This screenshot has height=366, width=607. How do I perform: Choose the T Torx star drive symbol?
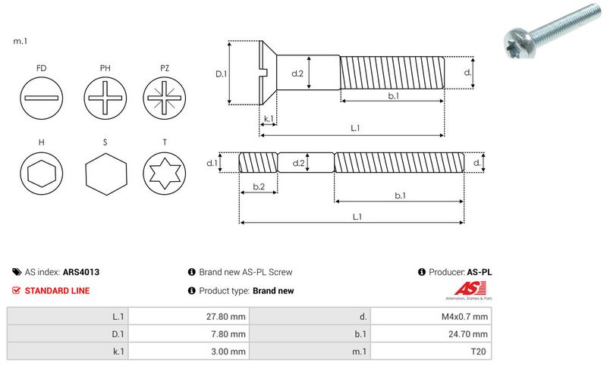point(165,175)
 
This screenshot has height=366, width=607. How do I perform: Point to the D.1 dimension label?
point(221,74)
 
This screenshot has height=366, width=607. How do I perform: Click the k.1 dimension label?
point(268,119)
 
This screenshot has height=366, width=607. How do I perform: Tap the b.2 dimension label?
point(258,186)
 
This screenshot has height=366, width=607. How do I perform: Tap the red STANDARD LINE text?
point(57,290)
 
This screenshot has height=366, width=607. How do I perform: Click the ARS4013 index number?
point(81,271)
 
